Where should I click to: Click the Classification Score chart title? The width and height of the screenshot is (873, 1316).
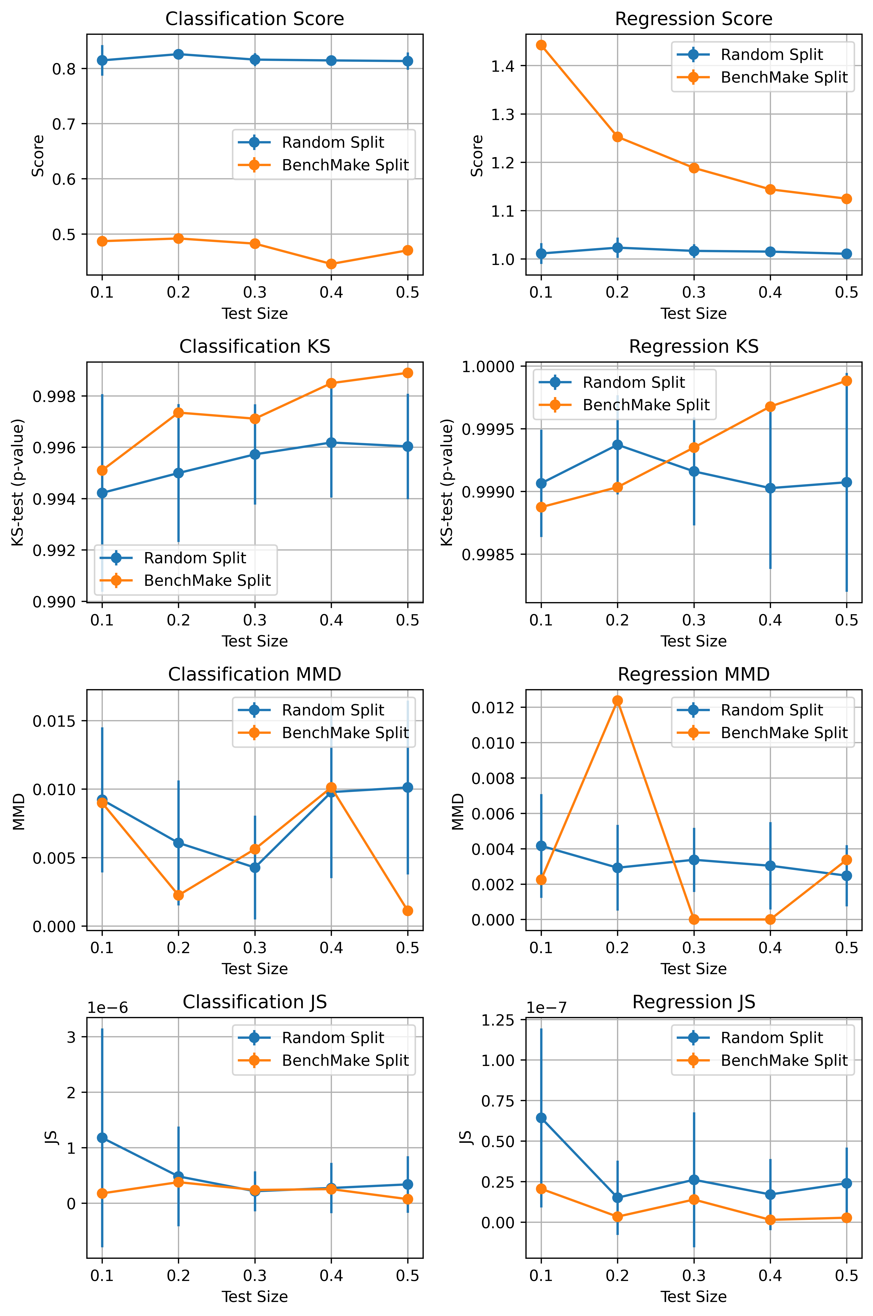[x=254, y=19]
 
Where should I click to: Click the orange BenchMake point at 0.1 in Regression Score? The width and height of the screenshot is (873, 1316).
[x=541, y=45]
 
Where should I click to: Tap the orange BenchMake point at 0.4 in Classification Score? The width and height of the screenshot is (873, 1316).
[x=331, y=264]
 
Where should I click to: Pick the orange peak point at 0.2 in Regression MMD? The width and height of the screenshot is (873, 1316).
[x=618, y=701]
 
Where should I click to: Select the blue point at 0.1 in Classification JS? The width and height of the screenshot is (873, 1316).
[x=102, y=1138]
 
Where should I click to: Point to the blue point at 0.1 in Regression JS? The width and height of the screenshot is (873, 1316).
[x=541, y=1118]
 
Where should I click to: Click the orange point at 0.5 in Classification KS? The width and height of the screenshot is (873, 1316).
[x=408, y=373]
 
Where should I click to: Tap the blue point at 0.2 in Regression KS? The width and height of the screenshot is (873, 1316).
[x=618, y=445]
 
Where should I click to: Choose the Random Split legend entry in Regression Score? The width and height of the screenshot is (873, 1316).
[x=771, y=55]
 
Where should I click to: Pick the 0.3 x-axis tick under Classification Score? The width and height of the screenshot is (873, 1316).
[x=254, y=292]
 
